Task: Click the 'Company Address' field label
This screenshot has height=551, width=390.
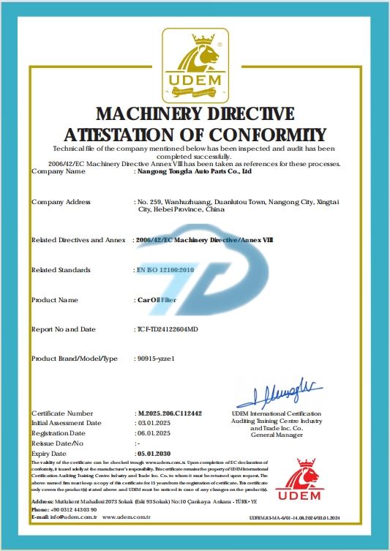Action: tap(60, 200)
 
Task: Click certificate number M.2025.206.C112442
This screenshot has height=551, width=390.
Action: tap(170, 413)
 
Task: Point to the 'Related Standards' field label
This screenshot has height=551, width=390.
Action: tap(61, 270)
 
